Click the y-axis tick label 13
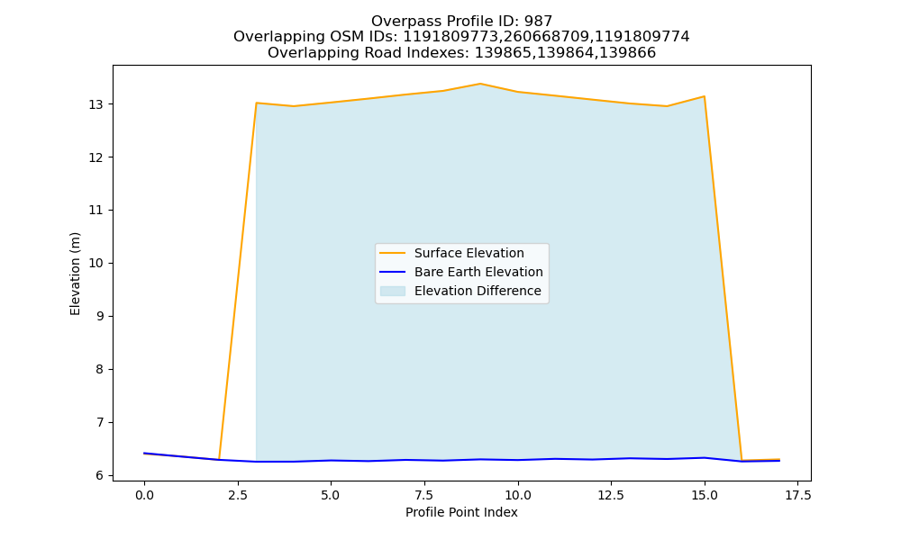[96, 104]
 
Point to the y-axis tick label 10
[96, 264]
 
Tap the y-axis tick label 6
[100, 476]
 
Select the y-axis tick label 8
[100, 370]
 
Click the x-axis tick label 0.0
[144, 495]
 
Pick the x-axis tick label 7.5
[424, 495]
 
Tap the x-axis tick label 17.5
[797, 495]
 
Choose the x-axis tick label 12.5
[611, 495]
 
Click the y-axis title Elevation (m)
[75, 274]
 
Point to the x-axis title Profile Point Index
[461, 512]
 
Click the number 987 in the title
[538, 22]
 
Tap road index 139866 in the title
[627, 53]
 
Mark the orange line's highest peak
[480, 84]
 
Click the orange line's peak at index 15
[704, 96]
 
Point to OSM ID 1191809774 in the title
[642, 37]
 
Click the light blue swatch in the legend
[393, 291]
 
